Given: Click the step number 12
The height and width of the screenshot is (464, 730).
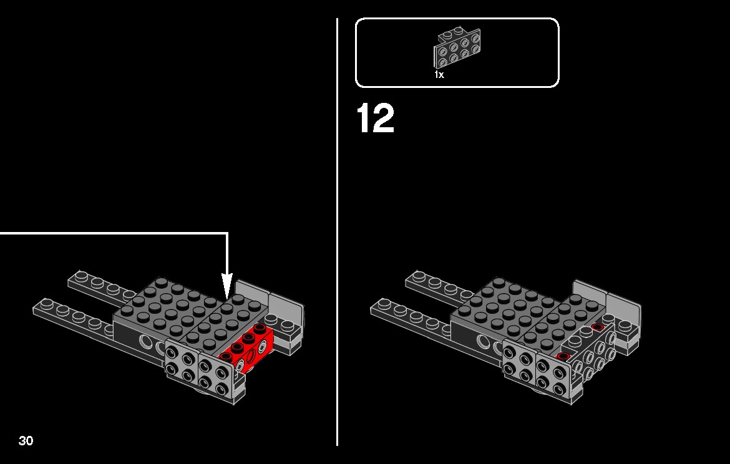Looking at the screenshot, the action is pyautogui.click(x=375, y=118).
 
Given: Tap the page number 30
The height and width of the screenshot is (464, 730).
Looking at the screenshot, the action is pyautogui.click(x=26, y=440).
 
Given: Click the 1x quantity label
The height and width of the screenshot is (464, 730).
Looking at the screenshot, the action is pyautogui.click(x=439, y=74).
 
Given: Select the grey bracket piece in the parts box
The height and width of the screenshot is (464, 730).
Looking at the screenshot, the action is pyautogui.click(x=457, y=48).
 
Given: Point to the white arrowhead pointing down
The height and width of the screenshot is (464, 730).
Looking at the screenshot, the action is pyautogui.click(x=226, y=284).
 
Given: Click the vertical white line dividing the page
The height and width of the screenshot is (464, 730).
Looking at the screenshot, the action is pyautogui.click(x=338, y=232).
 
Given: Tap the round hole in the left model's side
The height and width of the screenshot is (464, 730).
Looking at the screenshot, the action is pyautogui.click(x=147, y=342).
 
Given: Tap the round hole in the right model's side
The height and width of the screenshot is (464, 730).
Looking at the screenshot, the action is pyautogui.click(x=484, y=342).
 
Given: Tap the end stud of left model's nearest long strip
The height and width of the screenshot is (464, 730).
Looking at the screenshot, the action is pyautogui.click(x=46, y=304).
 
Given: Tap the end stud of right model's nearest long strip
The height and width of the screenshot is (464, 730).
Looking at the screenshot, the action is pyautogui.click(x=384, y=304).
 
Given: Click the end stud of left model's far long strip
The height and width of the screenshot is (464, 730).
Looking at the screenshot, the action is pyautogui.click(x=81, y=276).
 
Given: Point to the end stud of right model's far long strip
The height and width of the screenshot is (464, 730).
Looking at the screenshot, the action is pyautogui.click(x=419, y=276).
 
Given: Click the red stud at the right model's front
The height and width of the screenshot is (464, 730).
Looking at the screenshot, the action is pyautogui.click(x=563, y=357).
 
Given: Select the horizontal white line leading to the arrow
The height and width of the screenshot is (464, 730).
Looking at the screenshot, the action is pyautogui.click(x=114, y=233).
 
